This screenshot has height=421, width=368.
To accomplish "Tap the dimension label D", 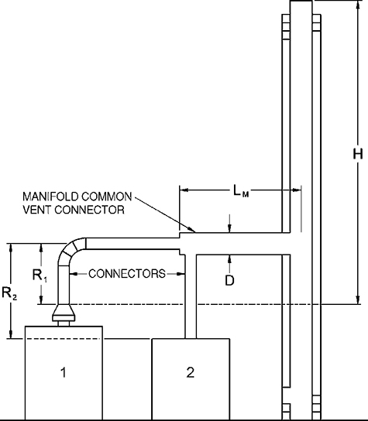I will coord(229,280).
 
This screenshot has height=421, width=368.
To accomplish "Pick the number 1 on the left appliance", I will coord(63,372).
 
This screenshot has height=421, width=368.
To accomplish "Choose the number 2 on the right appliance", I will coord(190,372).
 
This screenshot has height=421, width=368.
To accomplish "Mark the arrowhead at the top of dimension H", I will coord(357,4).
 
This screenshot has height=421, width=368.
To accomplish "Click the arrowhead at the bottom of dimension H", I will coord(357,300).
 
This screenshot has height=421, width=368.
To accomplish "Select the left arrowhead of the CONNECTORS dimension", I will coord(73,273).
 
